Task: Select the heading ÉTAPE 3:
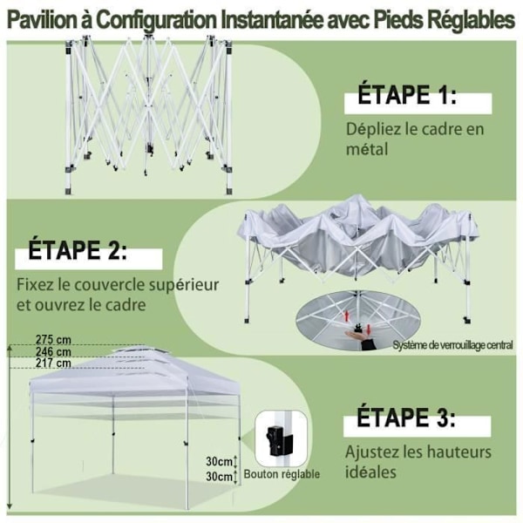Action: [406, 418]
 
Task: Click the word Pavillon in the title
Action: [42, 19]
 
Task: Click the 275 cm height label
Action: [54, 338]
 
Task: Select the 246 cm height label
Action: [54, 351]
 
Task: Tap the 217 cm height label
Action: [54, 363]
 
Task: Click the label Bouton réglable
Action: [282, 474]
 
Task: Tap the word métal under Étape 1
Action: [367, 149]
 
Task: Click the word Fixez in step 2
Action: [36, 285]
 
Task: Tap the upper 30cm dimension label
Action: [220, 461]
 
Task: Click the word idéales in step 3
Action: [370, 473]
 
